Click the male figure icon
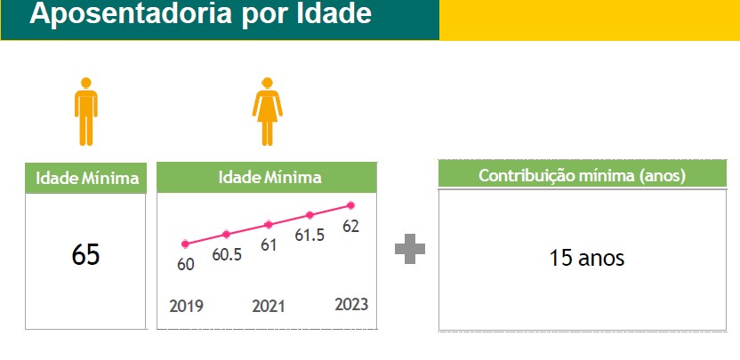coord(86,111)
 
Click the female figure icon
coord(267,111)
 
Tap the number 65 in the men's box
coord(86,255)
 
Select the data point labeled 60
coord(185,244)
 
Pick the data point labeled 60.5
coord(226,234)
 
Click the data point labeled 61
coord(268,225)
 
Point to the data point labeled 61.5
coord(310,215)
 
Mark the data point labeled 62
coord(350,205)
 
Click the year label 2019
coord(187,306)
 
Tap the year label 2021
coord(269,306)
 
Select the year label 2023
coord(351,304)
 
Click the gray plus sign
coord(410,249)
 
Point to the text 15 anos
coord(587,258)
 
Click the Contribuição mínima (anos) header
coord(582,176)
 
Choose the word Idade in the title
coord(334,13)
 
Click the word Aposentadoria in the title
coord(131,13)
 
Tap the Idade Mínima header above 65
coord(87,179)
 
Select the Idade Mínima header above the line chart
coord(270,178)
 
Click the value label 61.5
coord(310,235)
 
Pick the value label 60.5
coord(227,254)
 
